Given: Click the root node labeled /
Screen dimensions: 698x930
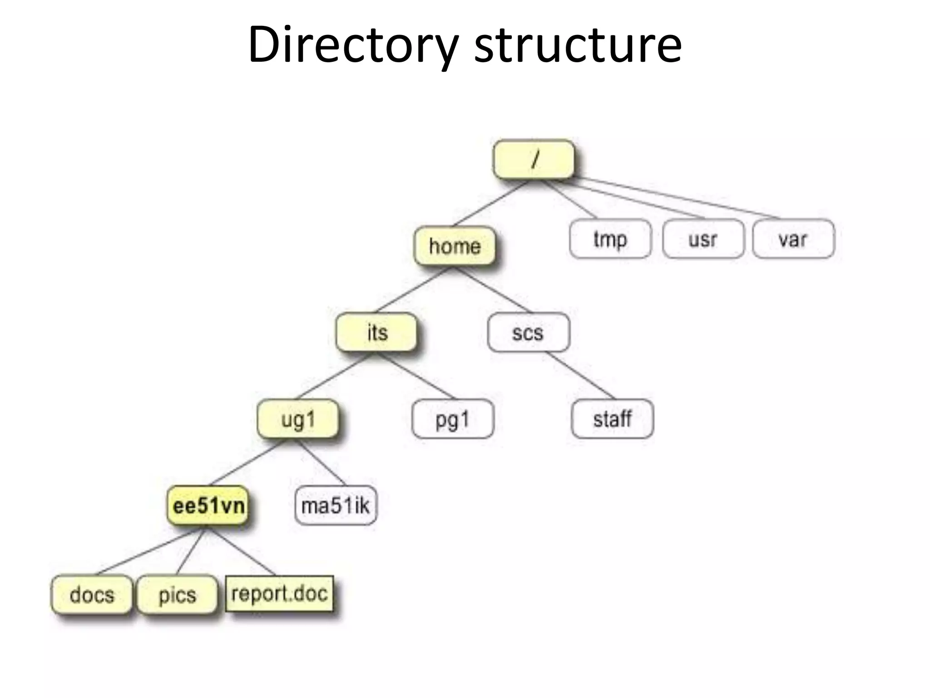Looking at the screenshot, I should (x=534, y=160).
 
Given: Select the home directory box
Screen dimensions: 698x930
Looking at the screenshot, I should (x=455, y=246).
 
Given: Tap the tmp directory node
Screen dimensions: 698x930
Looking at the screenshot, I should (x=610, y=239).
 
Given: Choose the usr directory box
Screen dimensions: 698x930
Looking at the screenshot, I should (x=703, y=239).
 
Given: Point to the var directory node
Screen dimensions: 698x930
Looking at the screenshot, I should (x=793, y=239).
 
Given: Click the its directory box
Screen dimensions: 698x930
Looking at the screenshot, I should (x=376, y=332).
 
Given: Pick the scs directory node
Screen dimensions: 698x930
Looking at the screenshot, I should (x=528, y=333).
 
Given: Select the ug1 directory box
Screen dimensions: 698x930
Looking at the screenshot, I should (x=298, y=419).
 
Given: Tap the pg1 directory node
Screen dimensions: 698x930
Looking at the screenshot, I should (x=452, y=419).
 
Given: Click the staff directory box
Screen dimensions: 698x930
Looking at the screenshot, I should (x=612, y=419).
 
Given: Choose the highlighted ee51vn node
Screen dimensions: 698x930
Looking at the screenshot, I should (x=208, y=505).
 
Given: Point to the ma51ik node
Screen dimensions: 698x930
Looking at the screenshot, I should (x=336, y=505).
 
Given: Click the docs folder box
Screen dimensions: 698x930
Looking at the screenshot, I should (x=92, y=595).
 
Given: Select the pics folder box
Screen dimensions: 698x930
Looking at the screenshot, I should (x=177, y=595).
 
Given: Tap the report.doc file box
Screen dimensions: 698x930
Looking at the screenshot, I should (x=279, y=593).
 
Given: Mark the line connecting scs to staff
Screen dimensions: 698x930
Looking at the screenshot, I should (x=580, y=375).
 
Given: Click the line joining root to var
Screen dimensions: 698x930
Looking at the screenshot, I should (x=677, y=198).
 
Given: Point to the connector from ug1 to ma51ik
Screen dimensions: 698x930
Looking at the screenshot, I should (x=322, y=462).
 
